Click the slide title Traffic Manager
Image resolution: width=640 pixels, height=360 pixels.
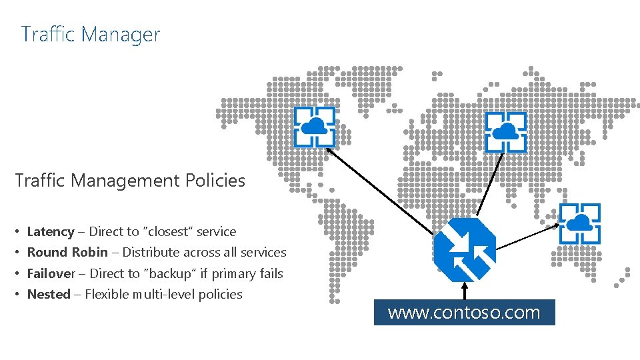click(91, 34)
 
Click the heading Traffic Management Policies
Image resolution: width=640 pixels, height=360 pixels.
click(130, 181)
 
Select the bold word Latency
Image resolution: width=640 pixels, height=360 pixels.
click(51, 232)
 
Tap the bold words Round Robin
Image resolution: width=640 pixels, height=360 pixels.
click(67, 253)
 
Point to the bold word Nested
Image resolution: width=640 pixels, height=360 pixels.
click(49, 294)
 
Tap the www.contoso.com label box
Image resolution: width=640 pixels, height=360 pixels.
click(464, 312)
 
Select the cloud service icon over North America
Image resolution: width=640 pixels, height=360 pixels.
click(315, 127)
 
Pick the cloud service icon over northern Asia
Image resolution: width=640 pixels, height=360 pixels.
click(505, 132)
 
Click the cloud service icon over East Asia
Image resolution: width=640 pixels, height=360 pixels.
click(579, 223)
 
